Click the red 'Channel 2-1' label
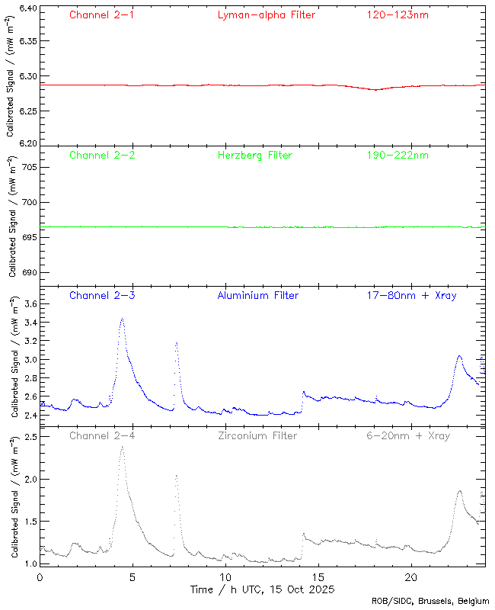[x=102, y=14]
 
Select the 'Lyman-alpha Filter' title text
[x=266, y=14]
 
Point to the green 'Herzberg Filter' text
[x=254, y=155]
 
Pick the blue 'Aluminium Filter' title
[x=257, y=295]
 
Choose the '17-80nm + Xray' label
[x=411, y=295]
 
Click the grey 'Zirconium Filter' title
[x=257, y=435]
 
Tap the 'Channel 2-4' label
[x=102, y=435]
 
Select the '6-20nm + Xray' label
[x=407, y=435]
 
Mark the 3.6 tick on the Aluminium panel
[x=29, y=303]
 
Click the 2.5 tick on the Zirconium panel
[x=29, y=437]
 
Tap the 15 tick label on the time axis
[x=318, y=577]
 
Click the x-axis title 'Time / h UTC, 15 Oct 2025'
[x=262, y=589]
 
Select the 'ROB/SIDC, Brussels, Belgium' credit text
[x=430, y=601]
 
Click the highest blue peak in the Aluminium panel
[x=122, y=319]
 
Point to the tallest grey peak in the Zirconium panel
[x=122, y=447]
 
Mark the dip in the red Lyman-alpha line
[x=375, y=89]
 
